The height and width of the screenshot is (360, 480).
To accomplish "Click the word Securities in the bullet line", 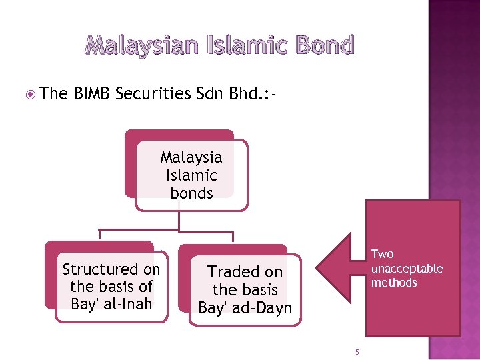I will tap(153, 94).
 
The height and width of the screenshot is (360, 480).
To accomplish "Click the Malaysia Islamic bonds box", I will tap(191, 175).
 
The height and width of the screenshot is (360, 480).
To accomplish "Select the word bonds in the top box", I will tap(191, 193).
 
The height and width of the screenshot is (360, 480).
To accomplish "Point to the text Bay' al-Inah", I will tap(111, 305).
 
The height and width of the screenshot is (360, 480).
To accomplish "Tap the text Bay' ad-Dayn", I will tap(245, 308).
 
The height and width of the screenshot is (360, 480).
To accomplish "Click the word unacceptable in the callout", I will tap(407, 268).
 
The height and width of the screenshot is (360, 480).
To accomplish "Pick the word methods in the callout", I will tap(394, 283).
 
